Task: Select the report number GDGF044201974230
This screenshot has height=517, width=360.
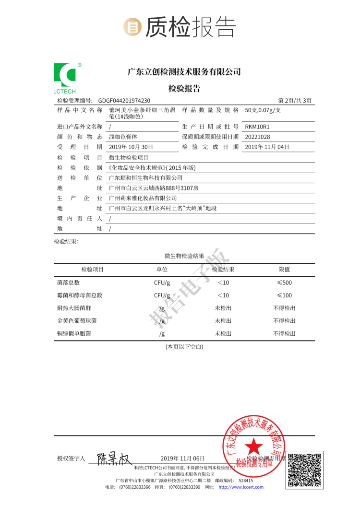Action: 124,101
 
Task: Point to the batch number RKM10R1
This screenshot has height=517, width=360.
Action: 258,127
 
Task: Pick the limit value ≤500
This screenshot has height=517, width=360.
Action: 284,282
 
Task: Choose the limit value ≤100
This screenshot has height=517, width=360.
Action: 284,295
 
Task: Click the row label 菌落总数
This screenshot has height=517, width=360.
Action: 68,282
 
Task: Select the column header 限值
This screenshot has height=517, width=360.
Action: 284,269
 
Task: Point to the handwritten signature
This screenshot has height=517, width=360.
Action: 114,459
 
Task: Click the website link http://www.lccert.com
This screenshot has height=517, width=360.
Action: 241,487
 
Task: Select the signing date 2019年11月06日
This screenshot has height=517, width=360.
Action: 182,458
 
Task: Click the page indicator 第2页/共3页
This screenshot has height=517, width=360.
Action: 295,101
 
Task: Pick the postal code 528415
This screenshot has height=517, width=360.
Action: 246,480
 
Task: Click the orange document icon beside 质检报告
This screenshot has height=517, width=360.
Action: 132,27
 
